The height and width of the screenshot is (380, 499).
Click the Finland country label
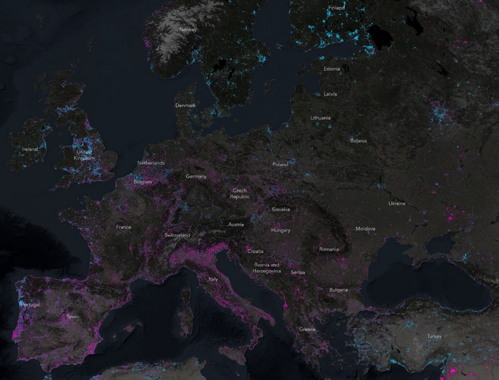tap(336, 8)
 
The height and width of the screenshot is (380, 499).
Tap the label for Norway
tap(188, 30)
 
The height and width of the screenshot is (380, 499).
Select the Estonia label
tap(332, 69)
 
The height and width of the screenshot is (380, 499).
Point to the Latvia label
tap(330, 94)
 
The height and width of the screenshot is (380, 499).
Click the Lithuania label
tap(321, 118)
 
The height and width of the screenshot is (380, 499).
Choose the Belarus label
tap(358, 141)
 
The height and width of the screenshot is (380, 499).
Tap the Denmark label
tap(186, 105)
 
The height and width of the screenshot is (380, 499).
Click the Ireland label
tap(30, 149)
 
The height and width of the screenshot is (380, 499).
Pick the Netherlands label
tap(151, 163)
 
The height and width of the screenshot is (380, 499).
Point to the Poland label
tap(280, 164)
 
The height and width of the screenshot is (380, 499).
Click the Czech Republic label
tap(240, 194)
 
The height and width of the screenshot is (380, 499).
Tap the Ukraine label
tap(397, 203)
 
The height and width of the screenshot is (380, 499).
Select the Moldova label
tap(365, 228)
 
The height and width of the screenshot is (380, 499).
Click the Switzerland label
tap(177, 235)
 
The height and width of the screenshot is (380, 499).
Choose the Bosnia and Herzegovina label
tap(267, 268)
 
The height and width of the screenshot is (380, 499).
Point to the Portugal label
tap(30, 305)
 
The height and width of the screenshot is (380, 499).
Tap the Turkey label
tap(434, 336)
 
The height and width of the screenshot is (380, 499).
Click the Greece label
tap(307, 329)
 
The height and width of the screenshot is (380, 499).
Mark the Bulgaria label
tap(339, 290)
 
